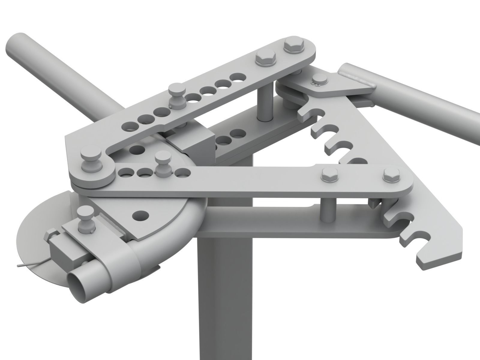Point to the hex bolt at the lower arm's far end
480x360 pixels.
click(391, 175)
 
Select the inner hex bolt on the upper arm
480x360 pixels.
click(265, 59)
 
